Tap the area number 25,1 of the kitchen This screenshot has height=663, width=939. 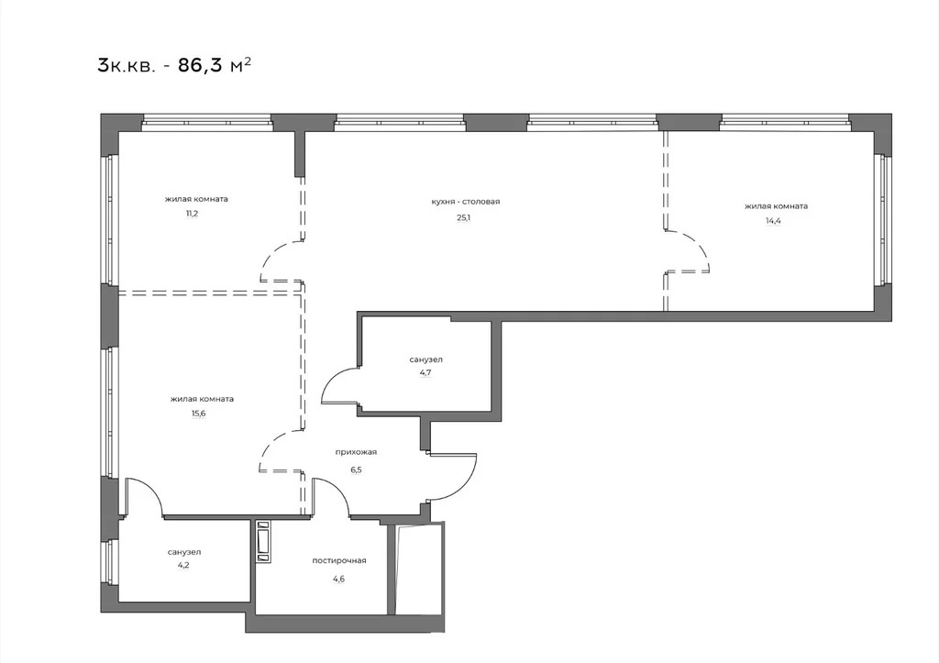tap(466, 217)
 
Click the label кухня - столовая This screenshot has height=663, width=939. tap(465, 202)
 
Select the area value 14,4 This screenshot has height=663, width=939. tap(776, 221)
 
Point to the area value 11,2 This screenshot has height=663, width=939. tap(192, 213)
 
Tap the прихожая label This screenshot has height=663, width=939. tap(358, 452)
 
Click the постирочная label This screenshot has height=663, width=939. tap(338, 560)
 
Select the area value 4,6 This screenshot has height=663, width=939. tap(338, 576)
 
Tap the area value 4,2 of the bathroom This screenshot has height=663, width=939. tap(183, 567)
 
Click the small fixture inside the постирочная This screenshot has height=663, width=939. tap(264, 541)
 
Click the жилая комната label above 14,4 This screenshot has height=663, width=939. tap(776, 206)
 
